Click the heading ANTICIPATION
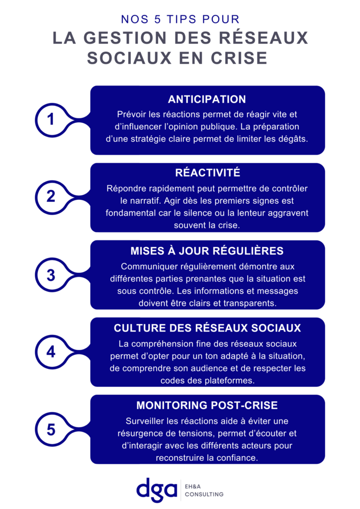207,99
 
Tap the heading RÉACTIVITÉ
208,172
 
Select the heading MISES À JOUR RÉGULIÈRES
207,251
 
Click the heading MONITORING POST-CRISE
207,406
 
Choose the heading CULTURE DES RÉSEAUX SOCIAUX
207,328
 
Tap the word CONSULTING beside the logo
204,495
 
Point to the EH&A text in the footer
193,487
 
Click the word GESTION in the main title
125,38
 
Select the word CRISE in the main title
239,59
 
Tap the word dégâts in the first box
293,139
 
